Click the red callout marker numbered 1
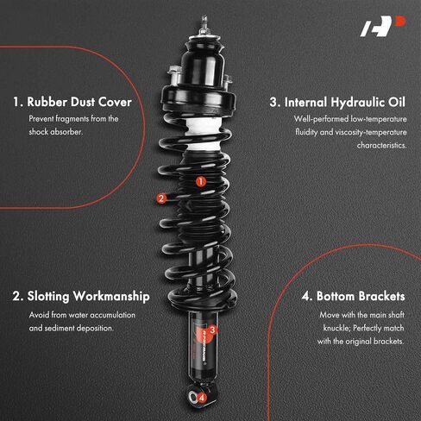pyautogui.click(x=201, y=181)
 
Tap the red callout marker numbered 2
pyautogui.click(x=161, y=198)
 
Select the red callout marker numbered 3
pyautogui.click(x=212, y=330)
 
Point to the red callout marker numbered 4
pyautogui.click(x=202, y=398)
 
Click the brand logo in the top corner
pyautogui.click(x=383, y=26)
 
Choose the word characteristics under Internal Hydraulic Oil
pyautogui.click(x=381, y=145)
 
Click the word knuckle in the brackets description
pyautogui.click(x=336, y=328)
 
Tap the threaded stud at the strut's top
pyautogui.click(x=204, y=24)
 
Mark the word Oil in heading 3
pyautogui.click(x=397, y=103)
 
